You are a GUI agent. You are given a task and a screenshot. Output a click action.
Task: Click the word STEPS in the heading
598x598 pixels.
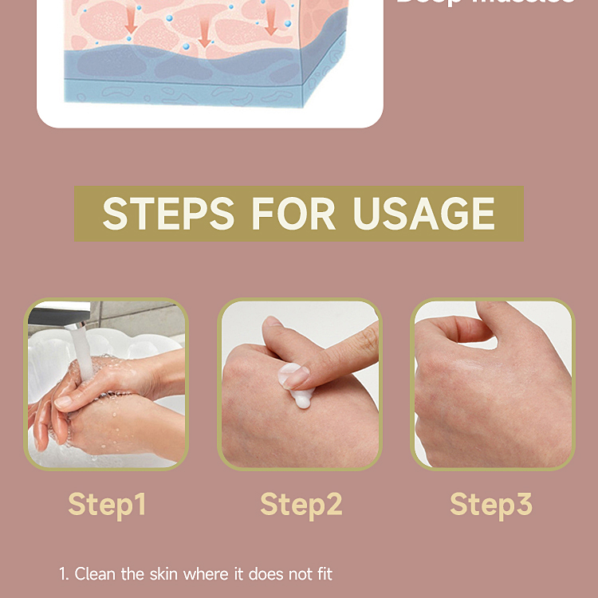coord(167,214)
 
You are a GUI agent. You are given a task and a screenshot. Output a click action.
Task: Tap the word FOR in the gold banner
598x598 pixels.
coord(293,214)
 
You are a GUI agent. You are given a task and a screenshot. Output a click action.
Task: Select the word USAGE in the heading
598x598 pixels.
coord(423,214)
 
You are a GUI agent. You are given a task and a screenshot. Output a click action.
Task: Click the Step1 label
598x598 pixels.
coord(107,504)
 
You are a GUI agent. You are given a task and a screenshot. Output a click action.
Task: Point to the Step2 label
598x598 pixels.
coord(301,504)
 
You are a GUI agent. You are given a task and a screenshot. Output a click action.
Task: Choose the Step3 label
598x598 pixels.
coord(491,504)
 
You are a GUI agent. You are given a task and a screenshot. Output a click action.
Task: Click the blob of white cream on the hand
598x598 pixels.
coord(297,384)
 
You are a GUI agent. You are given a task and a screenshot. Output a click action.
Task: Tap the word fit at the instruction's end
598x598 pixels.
coord(323,573)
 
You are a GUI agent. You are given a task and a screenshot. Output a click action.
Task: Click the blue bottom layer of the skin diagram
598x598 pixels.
coord(183,88)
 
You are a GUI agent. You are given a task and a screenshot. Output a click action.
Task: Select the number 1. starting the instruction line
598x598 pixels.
coord(64,573)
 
